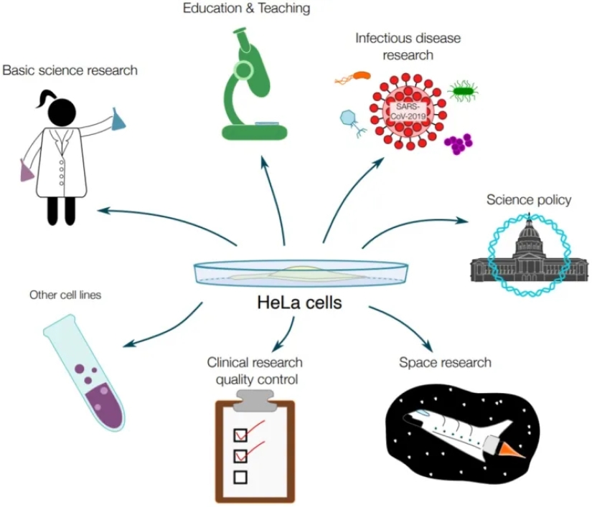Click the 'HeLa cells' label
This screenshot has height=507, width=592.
tap(299, 303)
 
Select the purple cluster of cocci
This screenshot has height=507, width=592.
tap(457, 143)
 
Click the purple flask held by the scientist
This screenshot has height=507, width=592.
tap(26, 171)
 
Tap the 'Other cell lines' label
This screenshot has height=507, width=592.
tap(65, 295)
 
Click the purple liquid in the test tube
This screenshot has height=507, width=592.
tap(101, 398)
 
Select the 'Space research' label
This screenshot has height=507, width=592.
tap(445, 362)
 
